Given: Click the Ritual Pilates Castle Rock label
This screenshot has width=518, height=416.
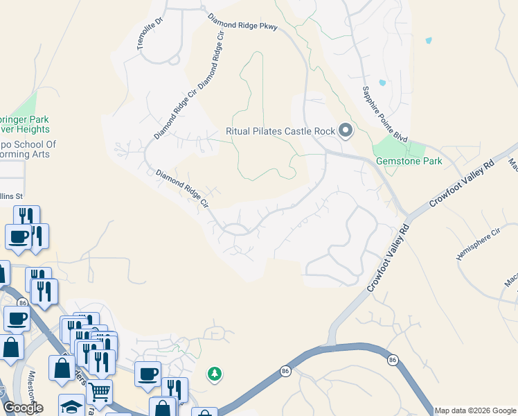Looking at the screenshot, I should [280, 131].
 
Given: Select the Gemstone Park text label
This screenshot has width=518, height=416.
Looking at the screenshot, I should [409, 161].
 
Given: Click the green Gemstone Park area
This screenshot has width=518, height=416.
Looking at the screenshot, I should [398, 147].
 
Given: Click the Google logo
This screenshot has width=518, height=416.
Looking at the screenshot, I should [22, 408].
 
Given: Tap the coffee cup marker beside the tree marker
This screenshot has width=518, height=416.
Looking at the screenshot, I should [148, 374].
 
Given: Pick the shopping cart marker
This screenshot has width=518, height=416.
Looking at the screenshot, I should [100, 392].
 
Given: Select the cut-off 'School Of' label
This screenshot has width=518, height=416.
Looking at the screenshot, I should [28, 144].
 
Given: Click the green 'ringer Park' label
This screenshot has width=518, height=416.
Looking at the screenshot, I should [25, 119].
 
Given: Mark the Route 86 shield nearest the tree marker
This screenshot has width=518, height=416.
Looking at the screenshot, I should [285, 372].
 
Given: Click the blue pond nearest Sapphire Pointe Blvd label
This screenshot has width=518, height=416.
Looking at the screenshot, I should [382, 83].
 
